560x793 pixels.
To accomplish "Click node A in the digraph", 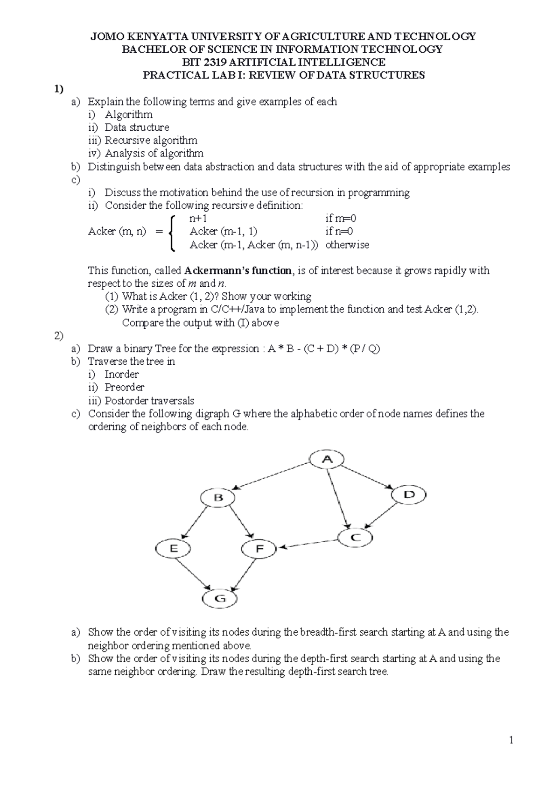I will [x=327, y=460].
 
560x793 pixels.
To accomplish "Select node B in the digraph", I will [x=218, y=498].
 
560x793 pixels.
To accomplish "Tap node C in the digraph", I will [x=355, y=537].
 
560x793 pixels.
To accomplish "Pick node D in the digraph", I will [x=409, y=495].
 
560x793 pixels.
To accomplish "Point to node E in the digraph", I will [x=173, y=549].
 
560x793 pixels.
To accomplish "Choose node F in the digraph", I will [x=259, y=549].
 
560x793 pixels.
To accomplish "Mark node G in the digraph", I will [x=220, y=599].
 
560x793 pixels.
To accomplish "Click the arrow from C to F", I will [x=308, y=543].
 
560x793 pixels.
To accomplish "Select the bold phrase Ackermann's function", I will [x=238, y=271].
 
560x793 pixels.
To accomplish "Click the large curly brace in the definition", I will [x=173, y=232].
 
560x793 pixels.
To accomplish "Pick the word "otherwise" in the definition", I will [x=347, y=245].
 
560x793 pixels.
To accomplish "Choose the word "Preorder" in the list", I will [x=124, y=387].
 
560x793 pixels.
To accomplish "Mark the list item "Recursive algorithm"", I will [x=151, y=141].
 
